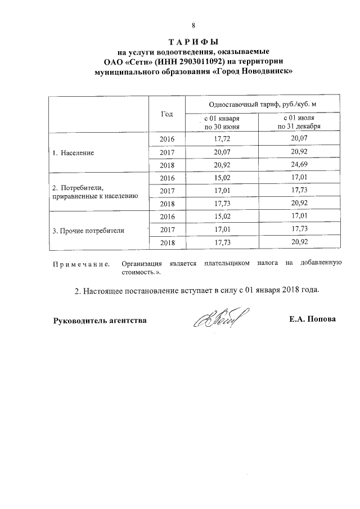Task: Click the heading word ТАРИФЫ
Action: pyautogui.click(x=193, y=43)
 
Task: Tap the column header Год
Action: pyautogui.click(x=166, y=114)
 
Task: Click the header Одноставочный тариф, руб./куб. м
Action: pyautogui.click(x=258, y=105)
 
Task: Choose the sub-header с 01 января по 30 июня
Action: pyautogui.click(x=222, y=123)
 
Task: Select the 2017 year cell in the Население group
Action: pyautogui.click(x=167, y=152)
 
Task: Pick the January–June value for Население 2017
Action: pyautogui.click(x=222, y=152)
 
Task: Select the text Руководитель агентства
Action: pyautogui.click(x=100, y=321)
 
